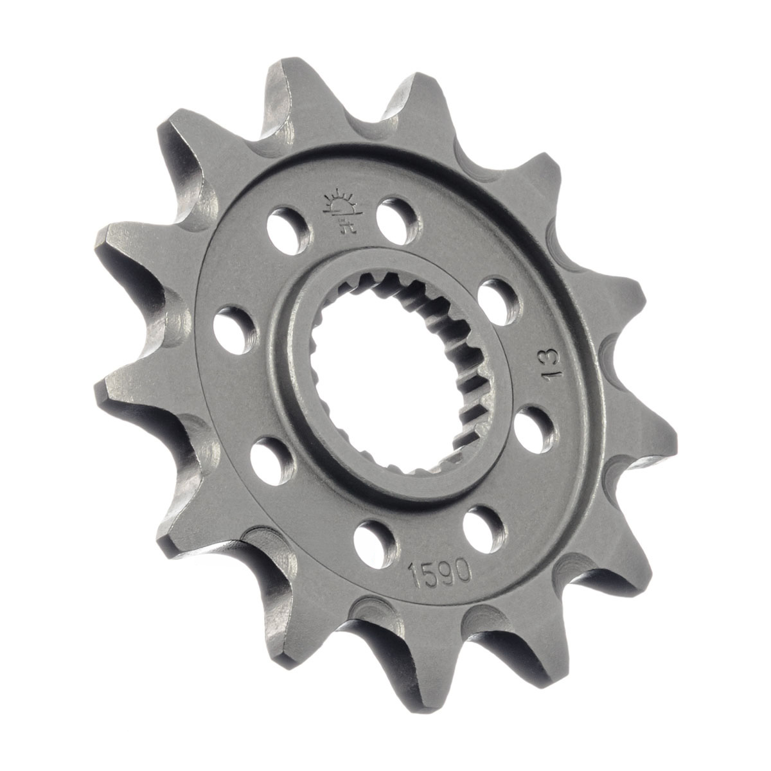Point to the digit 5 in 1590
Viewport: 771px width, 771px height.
point(430,574)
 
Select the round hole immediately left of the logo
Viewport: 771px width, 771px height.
point(288,231)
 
